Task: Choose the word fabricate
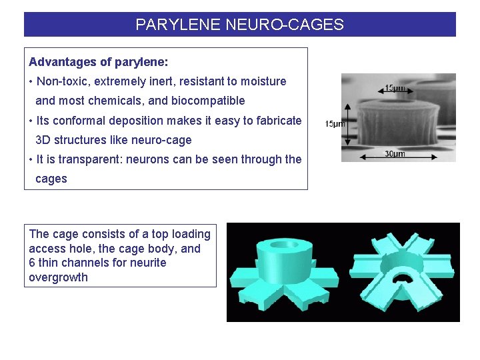(277, 121)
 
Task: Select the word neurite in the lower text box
(147, 263)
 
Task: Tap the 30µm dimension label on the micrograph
(395, 155)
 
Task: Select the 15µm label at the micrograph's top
(395, 88)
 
